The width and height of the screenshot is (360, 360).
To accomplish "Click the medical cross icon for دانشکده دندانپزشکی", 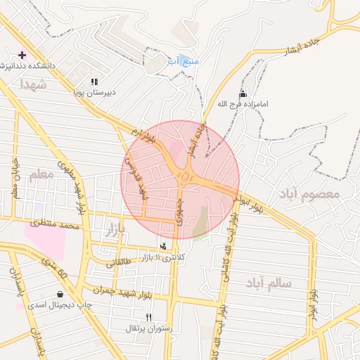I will pyautogui.click(x=22, y=55).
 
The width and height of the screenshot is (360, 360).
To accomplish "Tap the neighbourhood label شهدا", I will pyautogui.click(x=33, y=84).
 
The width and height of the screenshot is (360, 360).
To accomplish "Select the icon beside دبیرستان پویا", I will pyautogui.click(x=94, y=82).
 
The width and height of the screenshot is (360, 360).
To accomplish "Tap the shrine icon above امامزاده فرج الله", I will pyautogui.click(x=243, y=94).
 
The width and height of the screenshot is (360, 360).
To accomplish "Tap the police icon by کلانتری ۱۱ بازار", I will pyautogui.click(x=164, y=246).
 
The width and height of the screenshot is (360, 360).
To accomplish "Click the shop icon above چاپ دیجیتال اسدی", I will pyautogui.click(x=60, y=295).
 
